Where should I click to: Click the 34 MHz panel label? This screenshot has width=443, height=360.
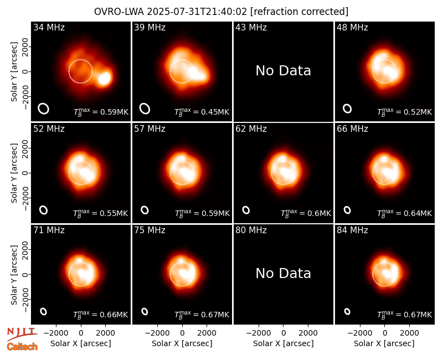(x=49, y=27)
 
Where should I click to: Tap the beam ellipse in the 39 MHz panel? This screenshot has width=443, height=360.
(x=145, y=109)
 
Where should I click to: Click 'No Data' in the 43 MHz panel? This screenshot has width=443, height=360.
(x=283, y=71)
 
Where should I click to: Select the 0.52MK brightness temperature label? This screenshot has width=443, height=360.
(x=405, y=112)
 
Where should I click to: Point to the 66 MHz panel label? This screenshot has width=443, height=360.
(x=352, y=129)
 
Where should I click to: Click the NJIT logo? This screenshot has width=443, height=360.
(x=22, y=334)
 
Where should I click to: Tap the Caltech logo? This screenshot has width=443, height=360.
(x=22, y=347)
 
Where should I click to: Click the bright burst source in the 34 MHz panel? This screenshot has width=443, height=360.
(x=105, y=78)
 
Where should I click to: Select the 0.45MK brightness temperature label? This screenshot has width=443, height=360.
(x=202, y=112)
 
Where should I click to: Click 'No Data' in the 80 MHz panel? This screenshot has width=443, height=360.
(x=283, y=274)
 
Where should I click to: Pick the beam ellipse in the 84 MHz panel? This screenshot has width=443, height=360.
(x=347, y=311)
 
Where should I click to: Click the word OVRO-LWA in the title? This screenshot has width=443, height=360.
(x=119, y=12)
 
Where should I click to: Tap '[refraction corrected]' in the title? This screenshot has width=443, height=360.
(x=299, y=12)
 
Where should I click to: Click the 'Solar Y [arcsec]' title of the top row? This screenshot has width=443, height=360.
(x=14, y=72)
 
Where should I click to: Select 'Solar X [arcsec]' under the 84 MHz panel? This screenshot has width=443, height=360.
(x=384, y=343)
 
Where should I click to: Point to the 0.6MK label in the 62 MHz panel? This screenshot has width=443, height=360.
(x=306, y=213)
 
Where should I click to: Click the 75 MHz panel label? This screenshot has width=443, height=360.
(x=150, y=230)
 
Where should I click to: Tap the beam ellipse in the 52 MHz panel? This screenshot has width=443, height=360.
(x=44, y=210)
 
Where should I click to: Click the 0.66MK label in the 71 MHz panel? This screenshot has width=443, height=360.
(x=101, y=315)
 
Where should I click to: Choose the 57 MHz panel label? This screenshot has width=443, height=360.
(x=150, y=129)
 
